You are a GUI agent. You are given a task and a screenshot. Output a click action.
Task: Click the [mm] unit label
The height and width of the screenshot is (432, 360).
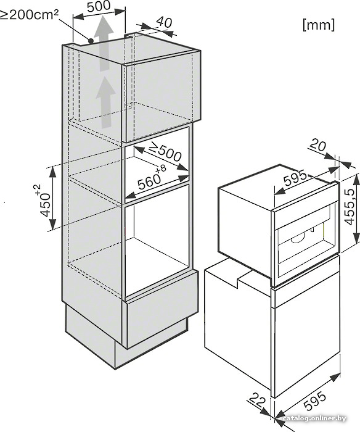point(319,25)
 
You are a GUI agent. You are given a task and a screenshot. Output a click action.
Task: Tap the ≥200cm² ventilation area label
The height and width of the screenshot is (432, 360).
point(28,14)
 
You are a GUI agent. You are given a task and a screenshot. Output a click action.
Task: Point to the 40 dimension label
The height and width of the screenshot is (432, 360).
point(164,22)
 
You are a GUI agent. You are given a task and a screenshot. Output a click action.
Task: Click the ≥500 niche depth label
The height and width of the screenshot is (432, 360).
point(165,152)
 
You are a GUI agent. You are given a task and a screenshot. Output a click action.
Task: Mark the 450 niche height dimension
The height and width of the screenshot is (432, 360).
point(45,205)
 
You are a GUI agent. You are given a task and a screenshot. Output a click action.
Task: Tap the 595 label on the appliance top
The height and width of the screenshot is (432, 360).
point(295,178)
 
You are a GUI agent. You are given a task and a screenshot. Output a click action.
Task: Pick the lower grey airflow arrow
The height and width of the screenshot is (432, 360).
point(105,102)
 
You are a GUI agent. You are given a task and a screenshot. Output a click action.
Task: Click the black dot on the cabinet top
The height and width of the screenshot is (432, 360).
point(91,41)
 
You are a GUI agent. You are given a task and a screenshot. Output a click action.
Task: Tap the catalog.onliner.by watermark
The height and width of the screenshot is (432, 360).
point(314,418)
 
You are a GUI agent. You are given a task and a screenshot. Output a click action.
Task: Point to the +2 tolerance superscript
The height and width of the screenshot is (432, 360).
point(38,189)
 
